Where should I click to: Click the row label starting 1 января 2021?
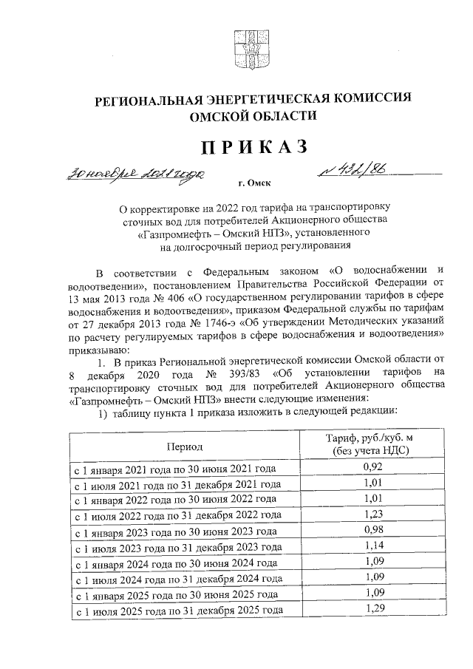pyautogui.click(x=174, y=469)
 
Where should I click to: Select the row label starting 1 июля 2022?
pyautogui.click(x=176, y=516)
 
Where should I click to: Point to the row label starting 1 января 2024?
pyautogui.click(x=175, y=563)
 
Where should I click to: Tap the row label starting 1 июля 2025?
pyautogui.click(x=176, y=611)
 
